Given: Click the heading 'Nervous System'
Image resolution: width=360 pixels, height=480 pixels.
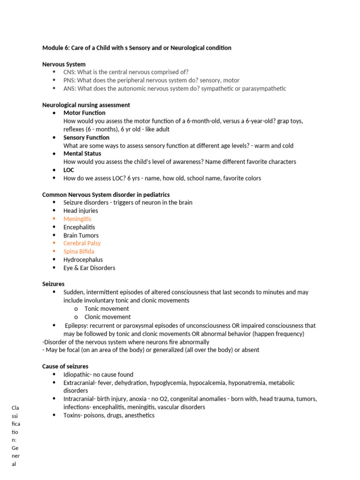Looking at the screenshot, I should pos(64,64).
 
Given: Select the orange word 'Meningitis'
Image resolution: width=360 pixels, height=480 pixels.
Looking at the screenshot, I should pos(77,219).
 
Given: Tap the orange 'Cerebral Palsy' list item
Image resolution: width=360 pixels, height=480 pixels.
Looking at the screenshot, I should pos(82,243).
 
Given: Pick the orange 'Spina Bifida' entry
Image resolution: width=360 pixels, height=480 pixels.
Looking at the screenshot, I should pos(79,251).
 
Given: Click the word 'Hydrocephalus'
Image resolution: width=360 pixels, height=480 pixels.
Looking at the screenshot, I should pos(83,260).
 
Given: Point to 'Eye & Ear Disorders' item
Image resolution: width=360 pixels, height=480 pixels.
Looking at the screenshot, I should pos(89,268).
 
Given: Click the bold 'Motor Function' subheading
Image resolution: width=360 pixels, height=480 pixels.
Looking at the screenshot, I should pos(84,113).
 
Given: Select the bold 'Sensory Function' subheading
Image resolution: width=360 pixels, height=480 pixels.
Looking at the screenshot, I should pos(86,137).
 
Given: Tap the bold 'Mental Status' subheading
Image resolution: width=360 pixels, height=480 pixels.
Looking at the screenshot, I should pos(82,153).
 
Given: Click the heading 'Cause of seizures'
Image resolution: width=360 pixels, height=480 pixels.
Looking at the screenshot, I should pos(65,366).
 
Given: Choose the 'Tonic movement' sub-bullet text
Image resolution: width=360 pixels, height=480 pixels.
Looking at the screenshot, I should pos(107,309).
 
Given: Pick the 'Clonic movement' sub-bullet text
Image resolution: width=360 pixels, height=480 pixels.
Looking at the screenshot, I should pos(107,317).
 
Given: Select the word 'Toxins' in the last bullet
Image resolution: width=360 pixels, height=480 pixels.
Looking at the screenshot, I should pos(73,415).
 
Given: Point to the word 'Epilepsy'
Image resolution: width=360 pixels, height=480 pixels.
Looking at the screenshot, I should pos(77,325).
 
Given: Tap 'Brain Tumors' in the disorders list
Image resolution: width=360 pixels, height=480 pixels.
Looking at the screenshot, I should pos(81,235).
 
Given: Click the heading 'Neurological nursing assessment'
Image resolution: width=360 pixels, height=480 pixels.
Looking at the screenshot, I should pos(86,105).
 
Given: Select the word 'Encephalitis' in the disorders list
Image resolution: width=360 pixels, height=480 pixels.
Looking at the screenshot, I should pos(79,227).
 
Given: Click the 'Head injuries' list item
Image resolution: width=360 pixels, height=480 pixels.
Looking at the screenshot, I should pos(81,211).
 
